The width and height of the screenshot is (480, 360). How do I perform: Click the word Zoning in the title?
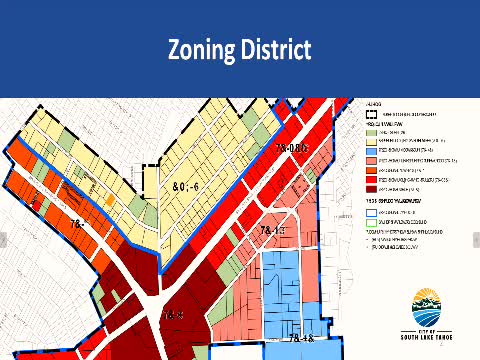[204, 49]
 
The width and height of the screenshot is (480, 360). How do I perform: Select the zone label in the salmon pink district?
[273, 231]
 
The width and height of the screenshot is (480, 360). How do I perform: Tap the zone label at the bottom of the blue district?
[301, 340]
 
